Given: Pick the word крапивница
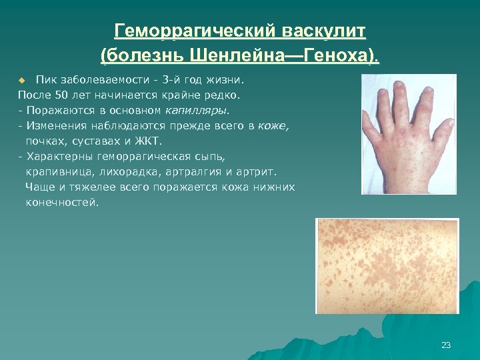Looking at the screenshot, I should tap(53, 171).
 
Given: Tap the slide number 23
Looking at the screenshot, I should tap(446, 345).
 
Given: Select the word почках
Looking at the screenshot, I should tap(45, 141).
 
